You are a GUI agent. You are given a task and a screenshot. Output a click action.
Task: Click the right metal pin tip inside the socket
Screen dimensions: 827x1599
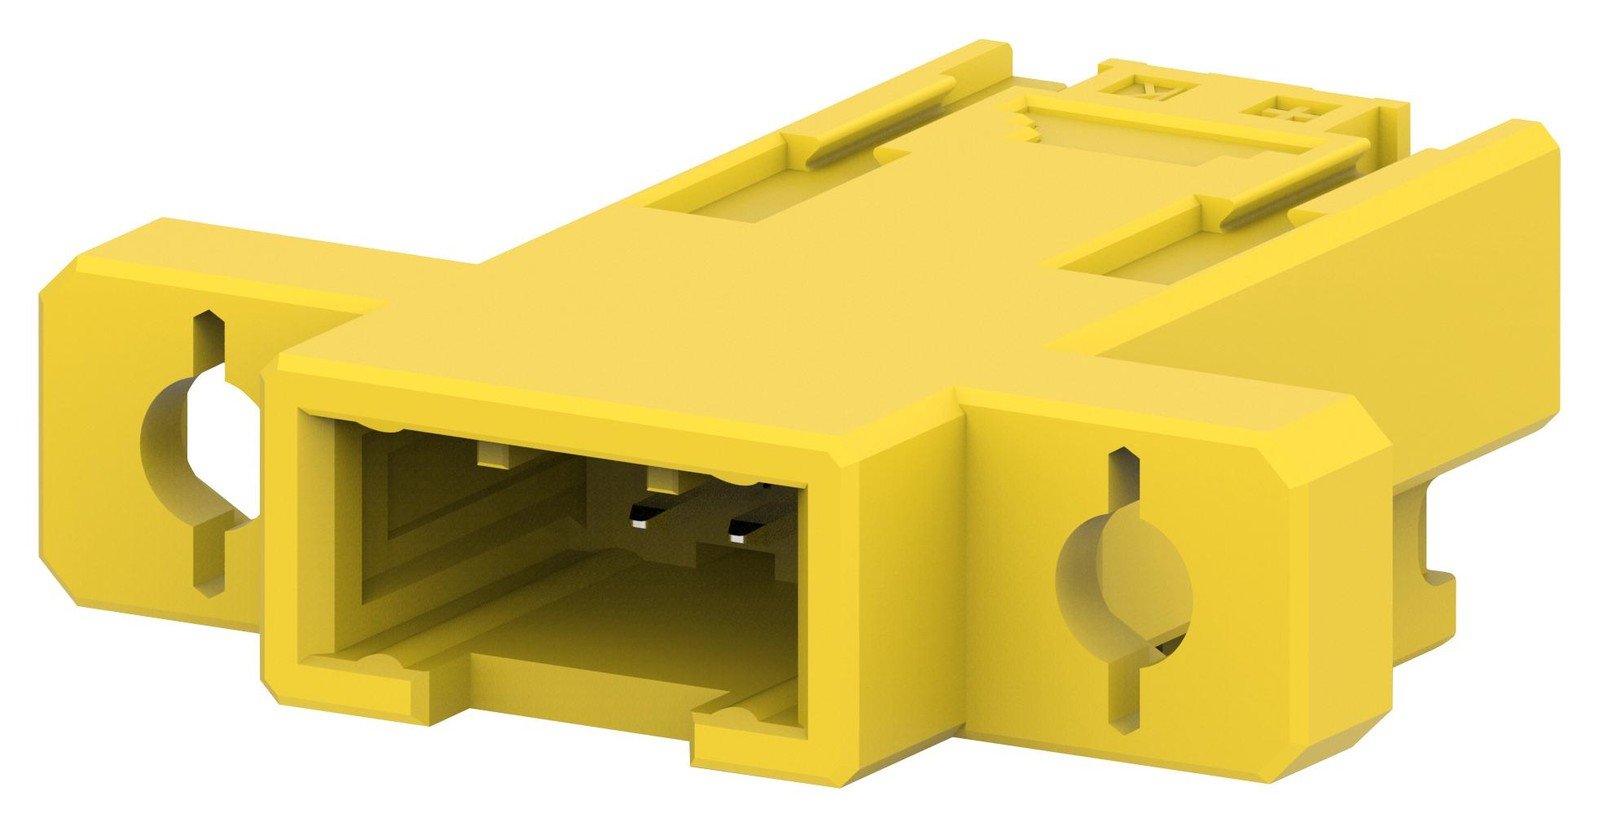tap(741, 537)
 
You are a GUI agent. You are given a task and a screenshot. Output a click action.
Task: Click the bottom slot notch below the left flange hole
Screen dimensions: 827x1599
tap(211, 571)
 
